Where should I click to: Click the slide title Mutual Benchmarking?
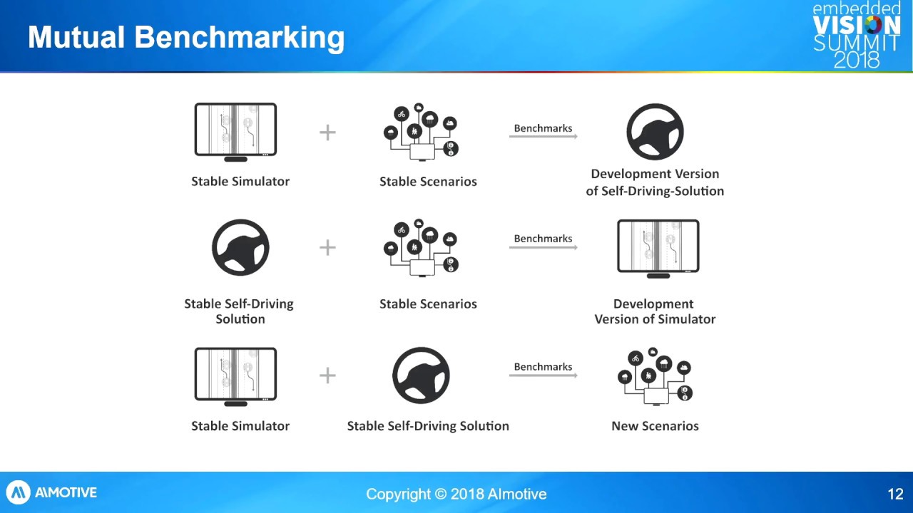(x=186, y=37)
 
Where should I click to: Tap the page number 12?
(x=895, y=494)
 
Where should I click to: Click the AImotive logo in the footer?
(x=52, y=492)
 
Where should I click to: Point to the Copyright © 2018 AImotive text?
(x=456, y=494)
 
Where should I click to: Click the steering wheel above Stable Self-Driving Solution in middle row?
(x=240, y=247)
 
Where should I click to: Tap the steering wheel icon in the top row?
(x=655, y=132)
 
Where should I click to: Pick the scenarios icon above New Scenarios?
(x=655, y=376)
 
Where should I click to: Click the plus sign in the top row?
(x=327, y=133)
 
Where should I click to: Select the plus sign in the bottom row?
(x=327, y=375)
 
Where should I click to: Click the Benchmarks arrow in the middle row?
(x=543, y=247)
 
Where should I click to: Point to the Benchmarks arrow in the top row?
(x=543, y=136)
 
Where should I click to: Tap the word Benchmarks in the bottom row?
(x=543, y=367)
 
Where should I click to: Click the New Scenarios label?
(x=655, y=426)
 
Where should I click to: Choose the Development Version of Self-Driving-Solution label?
(x=655, y=182)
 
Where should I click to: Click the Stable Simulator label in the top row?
(x=240, y=182)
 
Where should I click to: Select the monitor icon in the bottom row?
(x=235, y=376)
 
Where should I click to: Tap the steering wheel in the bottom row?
(x=421, y=375)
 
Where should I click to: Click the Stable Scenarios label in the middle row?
(x=428, y=304)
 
